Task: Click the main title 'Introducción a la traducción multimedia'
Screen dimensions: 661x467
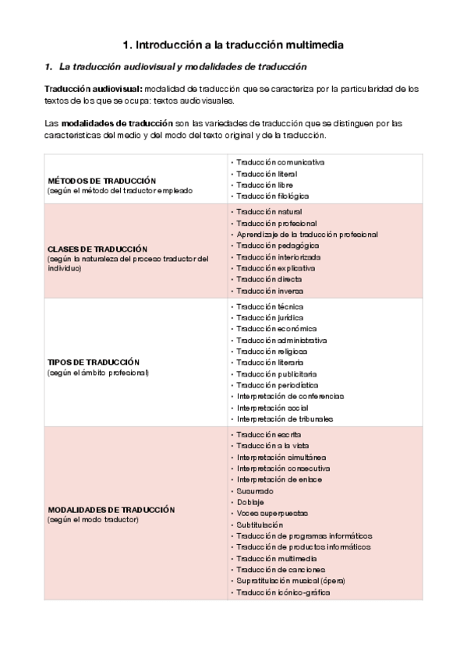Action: coord(234,45)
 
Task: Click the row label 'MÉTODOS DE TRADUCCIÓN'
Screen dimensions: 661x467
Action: coord(102,180)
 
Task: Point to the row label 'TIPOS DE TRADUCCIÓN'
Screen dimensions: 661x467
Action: coord(94,362)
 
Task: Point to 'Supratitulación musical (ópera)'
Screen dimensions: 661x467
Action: coord(291,581)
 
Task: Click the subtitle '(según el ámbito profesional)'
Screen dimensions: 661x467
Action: coord(97,373)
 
